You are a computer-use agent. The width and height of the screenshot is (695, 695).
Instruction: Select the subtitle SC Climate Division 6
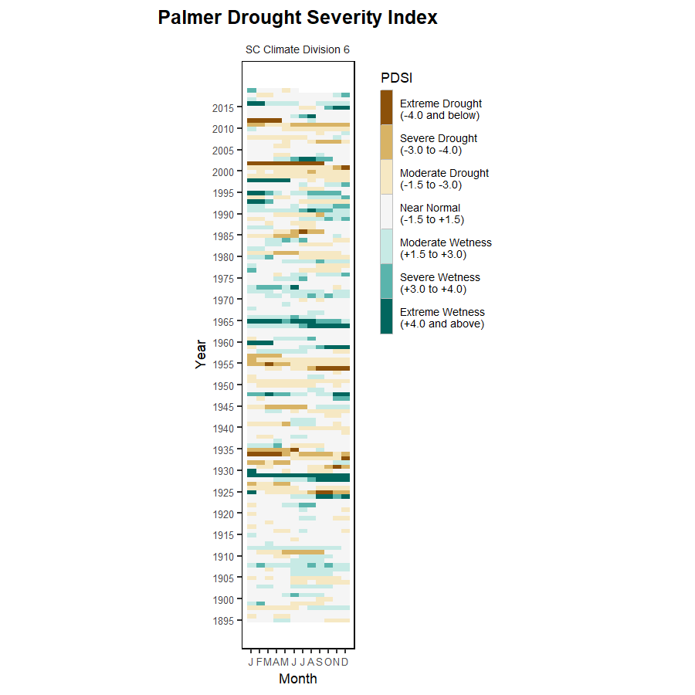coord(297,49)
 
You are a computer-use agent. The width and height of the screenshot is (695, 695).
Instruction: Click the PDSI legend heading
coord(396,78)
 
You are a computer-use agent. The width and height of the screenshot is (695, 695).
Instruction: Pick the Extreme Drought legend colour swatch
coord(386,107)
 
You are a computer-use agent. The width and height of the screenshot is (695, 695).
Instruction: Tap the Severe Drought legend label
coord(438,144)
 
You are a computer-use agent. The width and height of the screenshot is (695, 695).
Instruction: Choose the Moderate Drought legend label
coord(444,179)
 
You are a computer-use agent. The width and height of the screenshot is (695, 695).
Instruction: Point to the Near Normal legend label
coord(430,214)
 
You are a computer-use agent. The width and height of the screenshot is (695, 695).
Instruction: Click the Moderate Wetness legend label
coord(446,249)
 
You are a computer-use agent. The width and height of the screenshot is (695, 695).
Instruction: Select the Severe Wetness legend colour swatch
coord(386,281)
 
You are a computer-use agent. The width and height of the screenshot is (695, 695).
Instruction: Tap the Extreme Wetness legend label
coord(442,318)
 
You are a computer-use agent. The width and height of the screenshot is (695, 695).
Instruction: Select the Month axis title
coord(297,680)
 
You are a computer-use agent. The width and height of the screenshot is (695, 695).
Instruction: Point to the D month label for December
coord(345,663)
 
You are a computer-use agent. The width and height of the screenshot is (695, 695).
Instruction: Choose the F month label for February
coord(259,663)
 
